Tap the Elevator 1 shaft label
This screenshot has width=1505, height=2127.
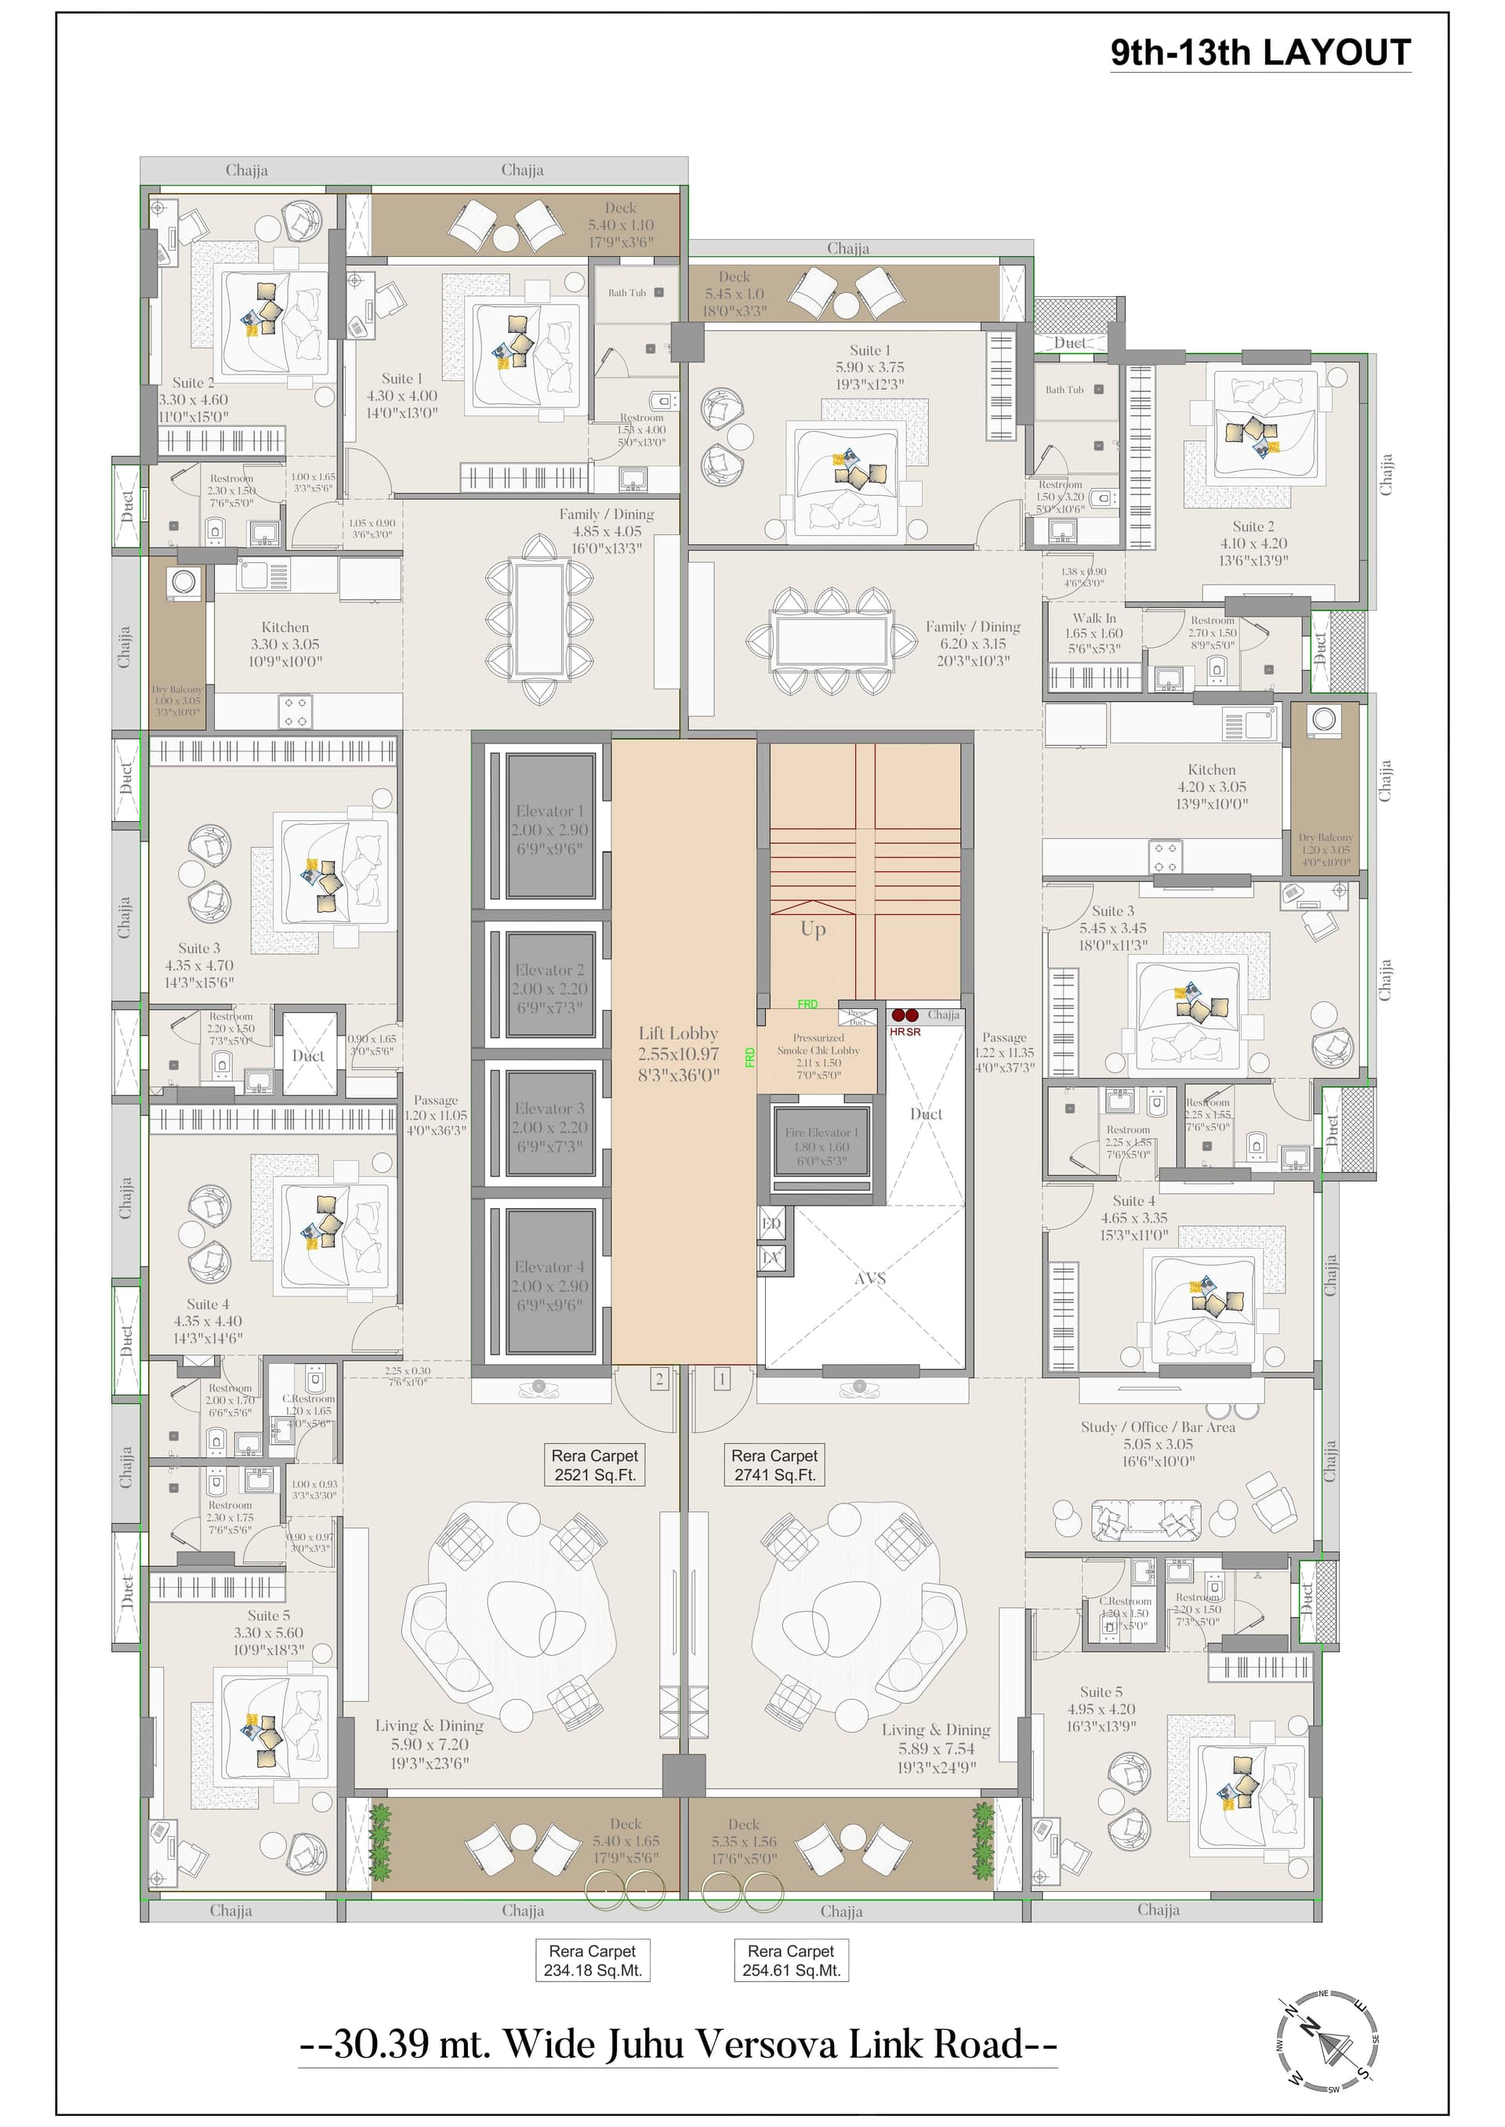[x=549, y=829]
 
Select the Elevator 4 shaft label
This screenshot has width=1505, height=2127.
[x=549, y=1285]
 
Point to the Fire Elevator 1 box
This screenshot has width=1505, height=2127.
[x=821, y=1146]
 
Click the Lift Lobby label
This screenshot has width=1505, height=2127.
[x=678, y=1053]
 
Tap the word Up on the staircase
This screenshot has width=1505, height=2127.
[x=813, y=929]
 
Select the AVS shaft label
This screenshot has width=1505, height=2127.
[x=869, y=1279]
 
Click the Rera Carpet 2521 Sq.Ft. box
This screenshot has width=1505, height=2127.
[x=595, y=1466]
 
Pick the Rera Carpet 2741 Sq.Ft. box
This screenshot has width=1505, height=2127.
[x=774, y=1466]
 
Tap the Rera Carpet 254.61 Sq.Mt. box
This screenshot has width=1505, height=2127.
[x=790, y=1961]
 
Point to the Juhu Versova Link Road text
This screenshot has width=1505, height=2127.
[x=677, y=2044]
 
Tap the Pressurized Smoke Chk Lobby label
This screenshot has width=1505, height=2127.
[x=818, y=1056]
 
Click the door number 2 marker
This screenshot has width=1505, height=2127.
[x=659, y=1380]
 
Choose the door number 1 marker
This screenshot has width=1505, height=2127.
[x=722, y=1380]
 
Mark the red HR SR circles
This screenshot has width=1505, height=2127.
[x=905, y=1015]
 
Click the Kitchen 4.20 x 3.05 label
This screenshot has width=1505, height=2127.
[x=1211, y=787]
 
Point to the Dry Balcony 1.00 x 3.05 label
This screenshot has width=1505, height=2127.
[x=176, y=700]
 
